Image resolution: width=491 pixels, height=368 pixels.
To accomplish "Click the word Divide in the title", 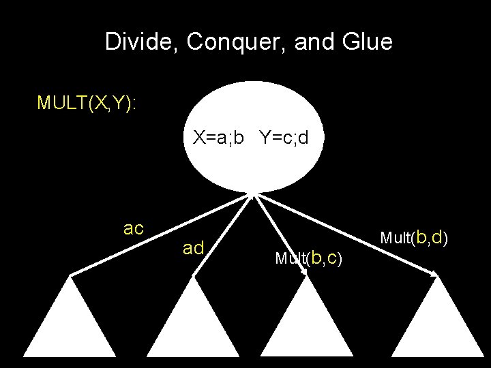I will coord(140,43).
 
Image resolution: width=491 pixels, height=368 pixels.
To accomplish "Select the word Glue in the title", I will coord(369,43).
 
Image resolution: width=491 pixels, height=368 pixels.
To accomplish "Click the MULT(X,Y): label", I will coord(87,103).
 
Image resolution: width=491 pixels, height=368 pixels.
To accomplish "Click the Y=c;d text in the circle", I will coord(284,138).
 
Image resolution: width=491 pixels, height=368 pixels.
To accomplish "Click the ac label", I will coord(134,228).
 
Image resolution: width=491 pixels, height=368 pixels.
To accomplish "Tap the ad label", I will coord(194,249).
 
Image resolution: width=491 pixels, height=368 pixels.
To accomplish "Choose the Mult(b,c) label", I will coord(308,258).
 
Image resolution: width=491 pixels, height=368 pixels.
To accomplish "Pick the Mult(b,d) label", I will coord(413,238).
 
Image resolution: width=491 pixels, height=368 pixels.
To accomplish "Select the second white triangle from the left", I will coord(193,324).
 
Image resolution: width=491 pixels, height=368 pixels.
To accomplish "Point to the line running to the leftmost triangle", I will coord(160,235).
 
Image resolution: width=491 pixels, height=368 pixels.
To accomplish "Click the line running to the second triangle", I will coord(222,235).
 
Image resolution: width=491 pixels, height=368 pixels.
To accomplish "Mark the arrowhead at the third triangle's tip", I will coord(305,273).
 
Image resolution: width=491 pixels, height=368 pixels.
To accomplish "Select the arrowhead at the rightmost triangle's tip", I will coord(434,273).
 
